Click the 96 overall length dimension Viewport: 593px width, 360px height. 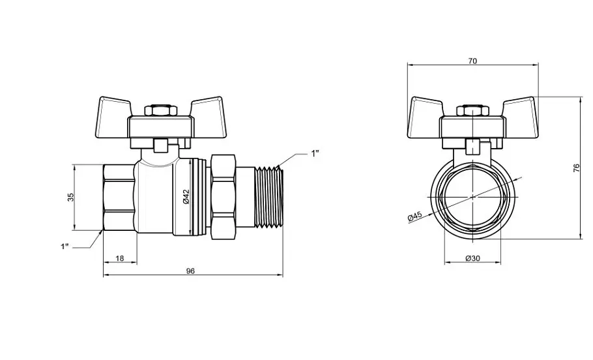tap(190, 271)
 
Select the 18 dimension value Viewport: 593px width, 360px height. tap(119, 258)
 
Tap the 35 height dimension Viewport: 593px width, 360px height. tap(71, 197)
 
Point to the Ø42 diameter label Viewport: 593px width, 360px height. tap(185, 197)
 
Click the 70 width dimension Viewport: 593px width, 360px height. tap(472, 61)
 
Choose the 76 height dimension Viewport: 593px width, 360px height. tap(576, 168)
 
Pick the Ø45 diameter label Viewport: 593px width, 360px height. tap(415, 217)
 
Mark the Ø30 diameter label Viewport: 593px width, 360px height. tap(472, 258)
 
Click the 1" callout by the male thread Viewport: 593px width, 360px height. tap(315, 153)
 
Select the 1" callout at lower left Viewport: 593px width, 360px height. tap(65, 247)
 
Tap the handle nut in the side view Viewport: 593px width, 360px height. tap(161, 110)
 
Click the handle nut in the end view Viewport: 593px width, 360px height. tap(472, 110)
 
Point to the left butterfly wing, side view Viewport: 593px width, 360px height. tap(114, 118)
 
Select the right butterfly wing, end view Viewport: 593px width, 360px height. tap(519, 118)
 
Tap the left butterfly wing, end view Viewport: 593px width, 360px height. tap(426, 118)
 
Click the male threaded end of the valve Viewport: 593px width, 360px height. tap(269, 197)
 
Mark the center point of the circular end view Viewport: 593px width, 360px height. tap(472, 197)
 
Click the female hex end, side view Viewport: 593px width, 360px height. tap(119, 197)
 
